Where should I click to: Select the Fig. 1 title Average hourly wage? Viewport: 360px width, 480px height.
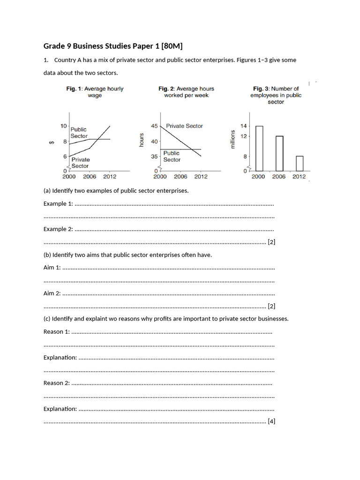pyautogui.click(x=94, y=92)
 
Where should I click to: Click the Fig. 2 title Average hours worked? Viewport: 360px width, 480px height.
pyautogui.click(x=186, y=92)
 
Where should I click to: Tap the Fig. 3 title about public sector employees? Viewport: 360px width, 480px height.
pyautogui.click(x=276, y=95)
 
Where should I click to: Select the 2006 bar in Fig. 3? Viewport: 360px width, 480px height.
pyautogui.click(x=279, y=153)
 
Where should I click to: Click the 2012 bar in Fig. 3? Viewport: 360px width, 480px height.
pyautogui.click(x=300, y=164)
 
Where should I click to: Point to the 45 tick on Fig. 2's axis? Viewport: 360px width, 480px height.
pyautogui.click(x=154, y=126)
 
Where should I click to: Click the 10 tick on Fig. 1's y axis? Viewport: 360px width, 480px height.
pyautogui.click(x=63, y=126)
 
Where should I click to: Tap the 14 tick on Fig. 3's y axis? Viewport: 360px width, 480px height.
pyautogui.click(x=243, y=126)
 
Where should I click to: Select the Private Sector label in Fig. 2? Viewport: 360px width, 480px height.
pyautogui.click(x=184, y=126)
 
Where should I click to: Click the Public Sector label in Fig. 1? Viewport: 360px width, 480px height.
pyautogui.click(x=79, y=133)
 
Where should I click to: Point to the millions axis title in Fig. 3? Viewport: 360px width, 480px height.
pyautogui.click(x=232, y=139)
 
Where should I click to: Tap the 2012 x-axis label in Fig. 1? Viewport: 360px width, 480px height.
pyautogui.click(x=110, y=177)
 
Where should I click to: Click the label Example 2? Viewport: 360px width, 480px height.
pyautogui.click(x=58, y=229)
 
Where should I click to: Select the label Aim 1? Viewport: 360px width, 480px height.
pyautogui.click(x=52, y=267)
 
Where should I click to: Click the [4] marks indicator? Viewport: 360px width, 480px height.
pyautogui.click(x=271, y=421)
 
